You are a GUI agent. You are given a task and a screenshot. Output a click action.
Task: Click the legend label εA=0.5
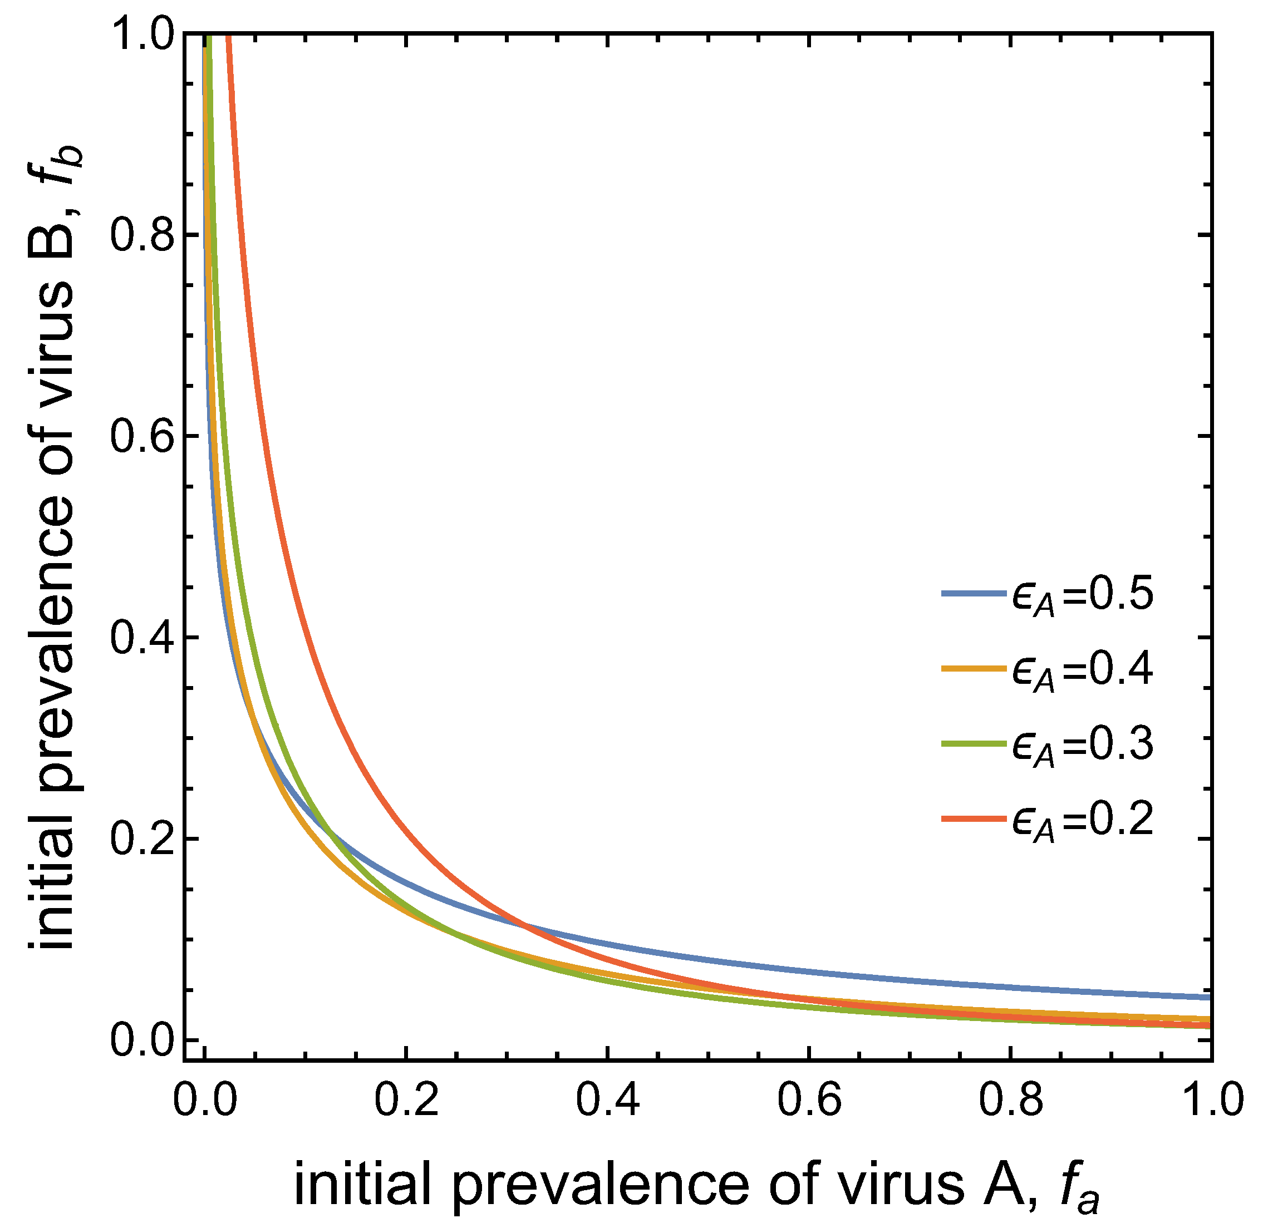tap(1082, 595)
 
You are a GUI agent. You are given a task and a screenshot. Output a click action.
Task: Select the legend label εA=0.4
tap(1082, 670)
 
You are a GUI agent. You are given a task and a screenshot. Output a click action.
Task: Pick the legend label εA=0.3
tap(1082, 745)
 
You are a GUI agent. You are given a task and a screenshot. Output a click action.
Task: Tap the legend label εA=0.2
tap(1082, 820)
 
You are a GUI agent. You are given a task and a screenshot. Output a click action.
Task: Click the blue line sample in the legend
tap(974, 593)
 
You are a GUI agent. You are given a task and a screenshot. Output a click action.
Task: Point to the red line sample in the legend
tap(974, 818)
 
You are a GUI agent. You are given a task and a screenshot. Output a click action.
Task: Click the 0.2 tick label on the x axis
tap(406, 1099)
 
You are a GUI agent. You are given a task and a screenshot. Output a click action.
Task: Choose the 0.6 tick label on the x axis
tap(809, 1099)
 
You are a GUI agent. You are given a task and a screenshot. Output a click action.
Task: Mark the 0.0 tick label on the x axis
tap(205, 1099)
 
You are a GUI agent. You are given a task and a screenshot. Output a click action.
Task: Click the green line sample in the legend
tap(974, 743)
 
